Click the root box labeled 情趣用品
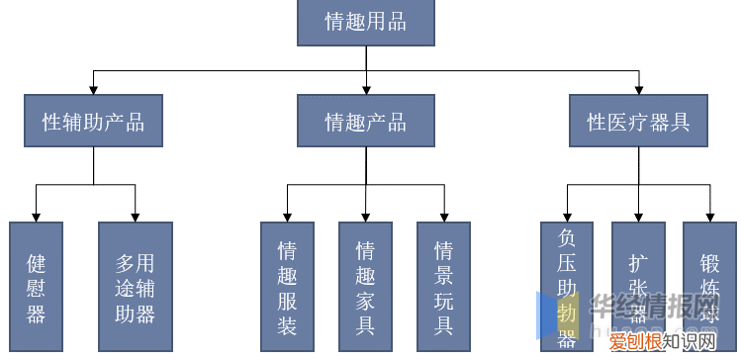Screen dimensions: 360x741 [x=366, y=21]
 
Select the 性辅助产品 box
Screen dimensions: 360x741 [x=94, y=123]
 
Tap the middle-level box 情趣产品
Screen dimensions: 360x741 [x=366, y=123]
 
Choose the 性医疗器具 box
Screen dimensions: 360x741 [x=638, y=123]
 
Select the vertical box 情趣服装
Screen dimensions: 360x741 [x=287, y=287]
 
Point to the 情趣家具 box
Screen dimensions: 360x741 [x=365, y=287]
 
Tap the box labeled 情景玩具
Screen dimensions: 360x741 [x=444, y=287]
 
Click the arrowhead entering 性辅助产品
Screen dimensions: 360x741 [x=94, y=89]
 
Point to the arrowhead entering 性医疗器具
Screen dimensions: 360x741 [x=638, y=89]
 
